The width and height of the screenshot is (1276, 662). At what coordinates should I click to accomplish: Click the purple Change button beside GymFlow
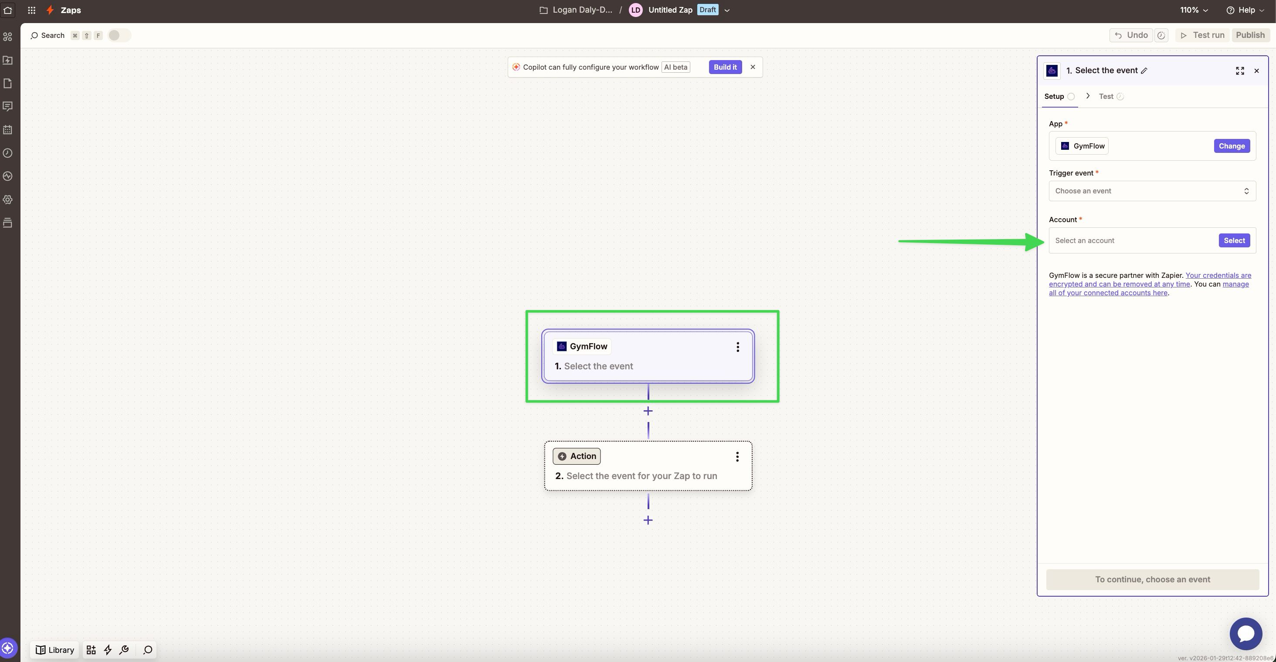[x=1232, y=146]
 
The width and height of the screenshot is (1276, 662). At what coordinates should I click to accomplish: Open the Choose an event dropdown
[x=1152, y=191]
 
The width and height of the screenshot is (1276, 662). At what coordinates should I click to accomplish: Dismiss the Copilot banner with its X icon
[x=753, y=67]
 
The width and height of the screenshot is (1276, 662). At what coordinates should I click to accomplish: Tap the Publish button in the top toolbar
[x=1250, y=35]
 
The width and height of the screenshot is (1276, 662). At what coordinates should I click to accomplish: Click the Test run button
[x=1202, y=35]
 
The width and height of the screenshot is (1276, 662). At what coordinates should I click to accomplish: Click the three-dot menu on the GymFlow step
[x=737, y=347]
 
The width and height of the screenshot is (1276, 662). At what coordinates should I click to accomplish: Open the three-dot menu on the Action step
[x=737, y=456]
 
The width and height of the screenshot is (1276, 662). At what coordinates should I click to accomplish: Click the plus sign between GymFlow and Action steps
[x=648, y=411]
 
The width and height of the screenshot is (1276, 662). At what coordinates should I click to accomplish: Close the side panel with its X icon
[x=1256, y=71]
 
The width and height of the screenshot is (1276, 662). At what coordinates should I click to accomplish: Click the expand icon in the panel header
[x=1239, y=71]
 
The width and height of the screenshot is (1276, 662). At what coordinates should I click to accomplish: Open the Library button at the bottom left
[x=55, y=650]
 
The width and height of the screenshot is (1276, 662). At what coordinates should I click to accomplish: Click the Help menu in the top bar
[x=1245, y=10]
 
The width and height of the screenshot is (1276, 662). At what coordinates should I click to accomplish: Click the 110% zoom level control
[x=1193, y=10]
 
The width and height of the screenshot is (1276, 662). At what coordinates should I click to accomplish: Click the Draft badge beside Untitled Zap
[x=707, y=10]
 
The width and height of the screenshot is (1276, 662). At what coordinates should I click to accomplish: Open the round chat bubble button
[x=1245, y=633]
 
